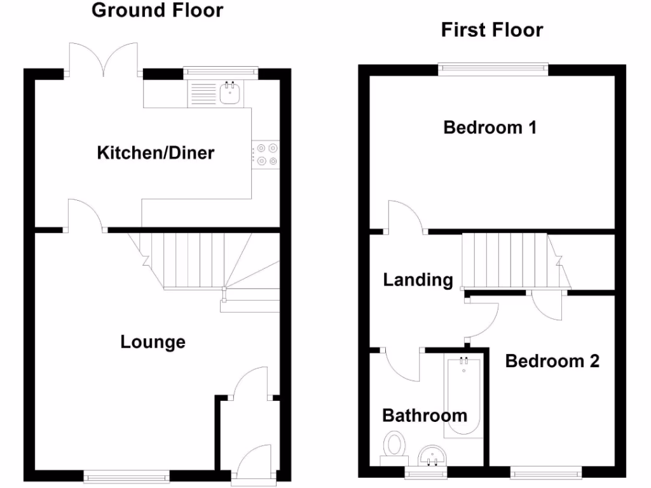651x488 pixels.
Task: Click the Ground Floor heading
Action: click(157, 11)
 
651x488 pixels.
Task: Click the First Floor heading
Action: click(492, 30)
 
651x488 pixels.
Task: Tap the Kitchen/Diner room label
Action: click(155, 152)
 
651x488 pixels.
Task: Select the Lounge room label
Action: click(153, 342)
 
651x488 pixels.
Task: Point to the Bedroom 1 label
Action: click(490, 128)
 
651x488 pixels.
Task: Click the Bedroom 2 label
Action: click(552, 362)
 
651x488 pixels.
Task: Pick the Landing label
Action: click(418, 280)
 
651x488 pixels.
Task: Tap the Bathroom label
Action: click(425, 416)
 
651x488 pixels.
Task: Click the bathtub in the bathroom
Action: click(463, 397)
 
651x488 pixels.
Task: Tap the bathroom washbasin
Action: click(434, 455)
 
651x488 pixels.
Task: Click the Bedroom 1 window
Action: click(493, 67)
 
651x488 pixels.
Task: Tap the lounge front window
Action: click(127, 473)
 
